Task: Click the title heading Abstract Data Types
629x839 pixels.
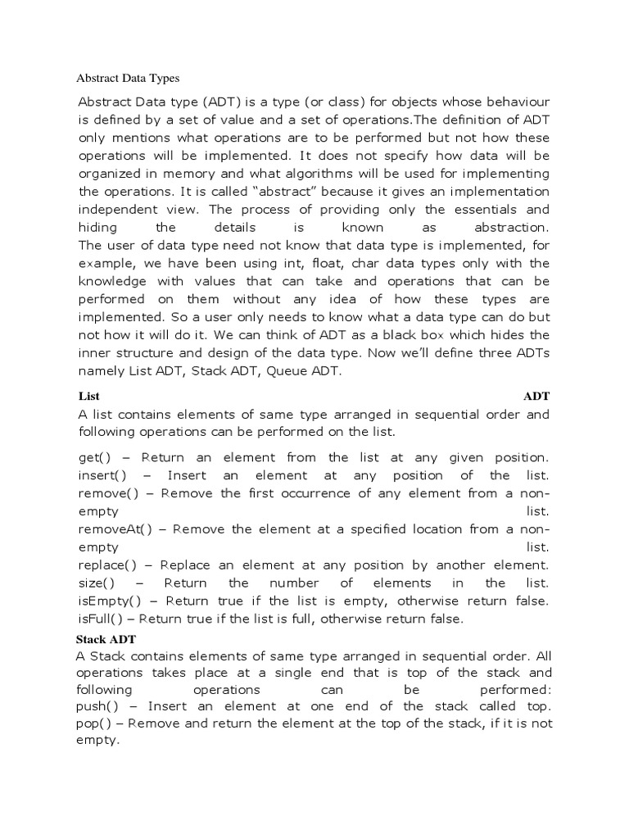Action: (128, 79)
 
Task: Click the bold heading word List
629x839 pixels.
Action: (88, 397)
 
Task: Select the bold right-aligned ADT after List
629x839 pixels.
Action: (536, 397)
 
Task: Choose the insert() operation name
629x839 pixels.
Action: (99, 475)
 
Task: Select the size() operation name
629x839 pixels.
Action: (96, 583)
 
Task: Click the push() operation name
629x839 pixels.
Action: (98, 706)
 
